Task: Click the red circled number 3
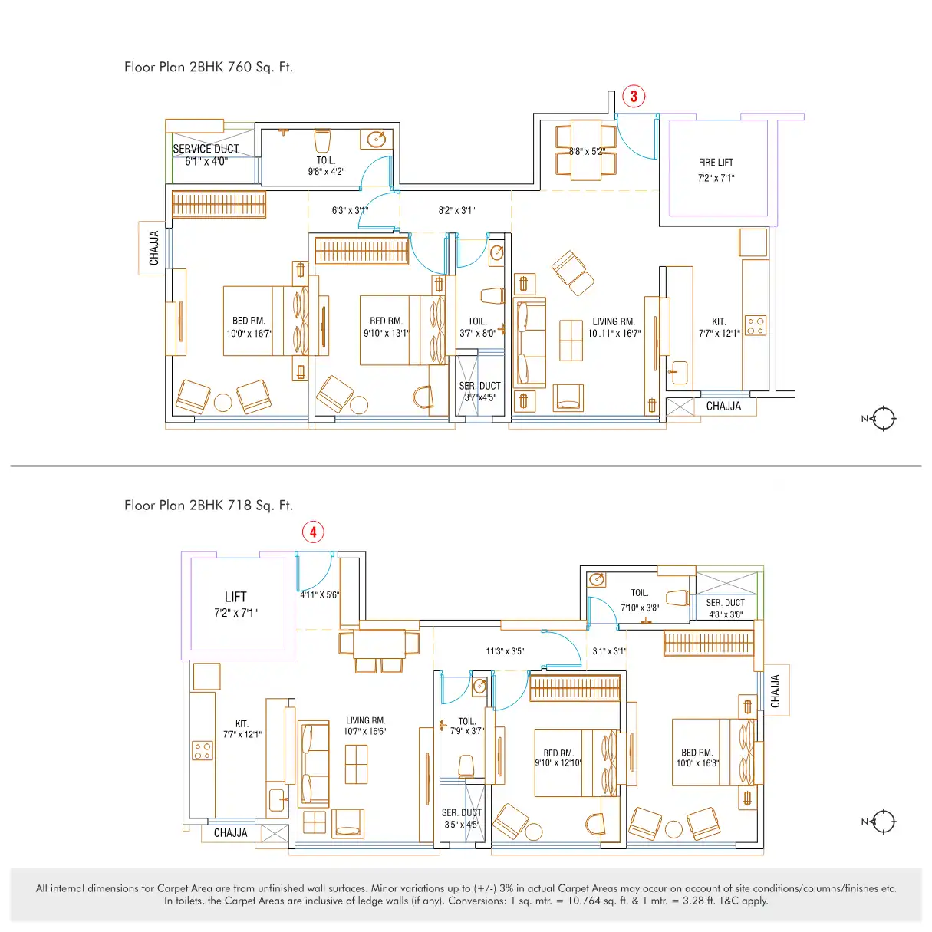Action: (633, 96)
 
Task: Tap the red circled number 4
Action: (313, 532)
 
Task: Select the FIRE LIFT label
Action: (716, 163)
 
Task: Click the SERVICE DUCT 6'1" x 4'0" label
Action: (206, 155)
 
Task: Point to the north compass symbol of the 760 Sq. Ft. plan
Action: (883, 418)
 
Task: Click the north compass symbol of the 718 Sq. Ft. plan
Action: (883, 822)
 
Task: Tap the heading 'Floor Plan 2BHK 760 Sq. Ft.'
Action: (209, 67)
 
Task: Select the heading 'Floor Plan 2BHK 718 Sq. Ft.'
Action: (209, 505)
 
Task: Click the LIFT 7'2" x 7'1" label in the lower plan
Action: (235, 604)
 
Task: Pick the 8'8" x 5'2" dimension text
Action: (587, 151)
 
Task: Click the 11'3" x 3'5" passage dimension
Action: (505, 651)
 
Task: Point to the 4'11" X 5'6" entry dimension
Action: (319, 594)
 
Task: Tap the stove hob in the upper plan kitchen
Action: (756, 325)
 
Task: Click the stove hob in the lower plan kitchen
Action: (203, 751)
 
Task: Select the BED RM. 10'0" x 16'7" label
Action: (249, 327)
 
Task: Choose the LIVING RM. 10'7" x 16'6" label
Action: (365, 726)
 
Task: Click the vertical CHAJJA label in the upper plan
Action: (154, 248)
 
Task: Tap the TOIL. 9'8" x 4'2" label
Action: (326, 166)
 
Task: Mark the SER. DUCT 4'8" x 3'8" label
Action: (725, 608)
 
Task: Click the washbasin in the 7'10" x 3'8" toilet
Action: (597, 579)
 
